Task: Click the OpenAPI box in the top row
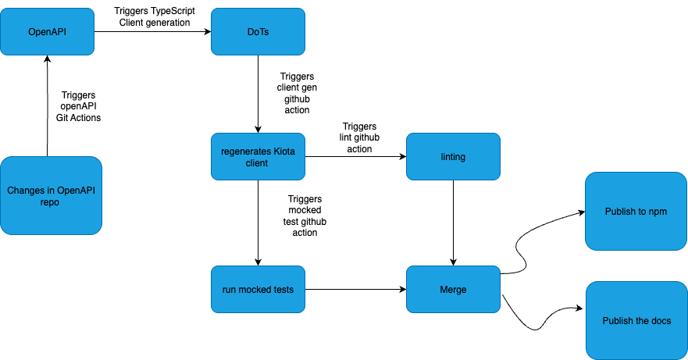tap(47, 32)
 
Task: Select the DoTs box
tap(258, 32)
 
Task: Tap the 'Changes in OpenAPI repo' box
tap(51, 196)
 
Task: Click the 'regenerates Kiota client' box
tap(258, 157)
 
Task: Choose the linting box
tap(453, 157)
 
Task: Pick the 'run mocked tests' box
tap(258, 290)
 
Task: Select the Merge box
tap(453, 290)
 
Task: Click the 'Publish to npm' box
tap(636, 212)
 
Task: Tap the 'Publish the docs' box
tap(636, 321)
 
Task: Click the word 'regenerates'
tap(245, 151)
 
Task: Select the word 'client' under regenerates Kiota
tap(257, 163)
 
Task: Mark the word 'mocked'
tap(258, 290)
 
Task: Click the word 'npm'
tap(658, 212)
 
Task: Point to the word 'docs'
tap(660, 321)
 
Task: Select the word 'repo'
tap(50, 202)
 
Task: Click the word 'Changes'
tap(25, 191)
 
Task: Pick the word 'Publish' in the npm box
tap(620, 212)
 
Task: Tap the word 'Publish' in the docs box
tap(618, 321)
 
